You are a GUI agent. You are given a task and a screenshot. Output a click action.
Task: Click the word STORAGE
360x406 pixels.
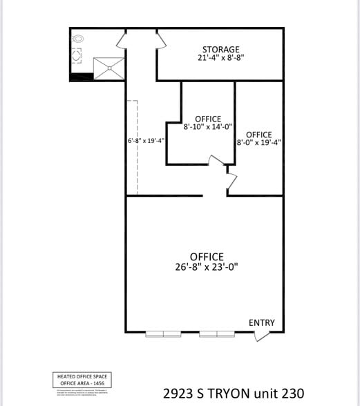point(221,50)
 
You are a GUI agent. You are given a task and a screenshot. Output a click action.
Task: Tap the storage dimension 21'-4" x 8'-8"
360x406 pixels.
point(221,59)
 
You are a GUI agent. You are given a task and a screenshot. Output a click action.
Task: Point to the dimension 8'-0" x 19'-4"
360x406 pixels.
point(258,143)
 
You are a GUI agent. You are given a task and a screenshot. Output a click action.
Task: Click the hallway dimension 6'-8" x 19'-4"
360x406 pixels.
point(146,141)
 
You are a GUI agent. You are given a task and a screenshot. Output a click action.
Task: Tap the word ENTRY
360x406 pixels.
point(261,322)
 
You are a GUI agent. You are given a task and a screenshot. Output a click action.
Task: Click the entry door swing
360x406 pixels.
point(262,336)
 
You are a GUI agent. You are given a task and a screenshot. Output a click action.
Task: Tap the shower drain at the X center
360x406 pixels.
point(108,66)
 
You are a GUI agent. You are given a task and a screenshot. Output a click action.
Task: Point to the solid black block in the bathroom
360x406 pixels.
point(82,76)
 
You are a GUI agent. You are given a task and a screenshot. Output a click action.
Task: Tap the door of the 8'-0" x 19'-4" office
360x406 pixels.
point(231,181)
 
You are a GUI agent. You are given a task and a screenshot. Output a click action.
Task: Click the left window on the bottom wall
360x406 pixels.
point(163,334)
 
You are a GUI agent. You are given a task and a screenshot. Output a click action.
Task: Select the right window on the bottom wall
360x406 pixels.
point(217,334)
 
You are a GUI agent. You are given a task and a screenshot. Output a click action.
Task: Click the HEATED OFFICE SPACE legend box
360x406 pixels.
point(82,380)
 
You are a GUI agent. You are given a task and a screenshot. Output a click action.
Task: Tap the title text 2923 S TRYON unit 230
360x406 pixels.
point(234,392)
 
